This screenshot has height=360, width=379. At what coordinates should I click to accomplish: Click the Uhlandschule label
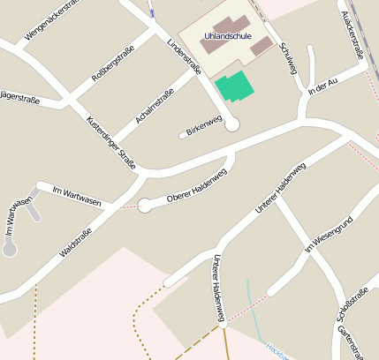[227, 36]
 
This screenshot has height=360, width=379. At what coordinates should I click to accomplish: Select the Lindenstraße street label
[184, 56]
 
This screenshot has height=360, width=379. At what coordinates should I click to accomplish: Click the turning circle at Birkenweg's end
[232, 125]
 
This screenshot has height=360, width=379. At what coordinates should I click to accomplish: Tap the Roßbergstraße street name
[112, 64]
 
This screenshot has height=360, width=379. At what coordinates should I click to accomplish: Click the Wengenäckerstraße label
[53, 21]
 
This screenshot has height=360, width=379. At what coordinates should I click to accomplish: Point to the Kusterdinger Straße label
[111, 141]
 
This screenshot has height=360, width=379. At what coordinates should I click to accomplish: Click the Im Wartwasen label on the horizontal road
[77, 196]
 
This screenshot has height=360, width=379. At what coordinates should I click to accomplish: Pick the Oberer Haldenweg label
[196, 185]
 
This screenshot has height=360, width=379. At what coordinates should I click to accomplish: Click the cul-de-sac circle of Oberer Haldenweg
[145, 205]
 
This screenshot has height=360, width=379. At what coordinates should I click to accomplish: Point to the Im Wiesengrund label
[329, 234]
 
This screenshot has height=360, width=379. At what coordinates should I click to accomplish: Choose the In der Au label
[323, 86]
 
